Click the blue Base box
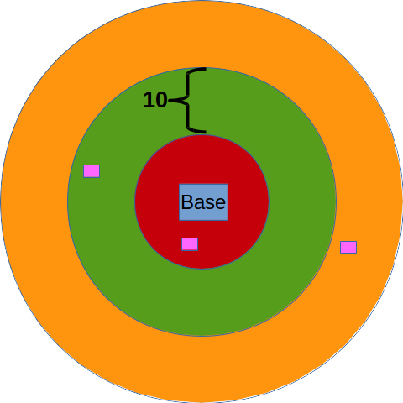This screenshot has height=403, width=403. tap(203, 202)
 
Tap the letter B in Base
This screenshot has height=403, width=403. tap(187, 202)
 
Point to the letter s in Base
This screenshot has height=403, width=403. tap(210, 204)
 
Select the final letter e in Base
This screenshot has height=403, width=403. tap(221, 204)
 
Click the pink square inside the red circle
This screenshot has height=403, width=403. tap(190, 244)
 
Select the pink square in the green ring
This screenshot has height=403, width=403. tap(92, 171)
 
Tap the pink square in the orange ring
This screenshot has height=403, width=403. tap(348, 247)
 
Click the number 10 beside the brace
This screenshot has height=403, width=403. tap(155, 100)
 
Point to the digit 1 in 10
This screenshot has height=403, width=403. tap(148, 100)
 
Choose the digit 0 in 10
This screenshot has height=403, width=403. tap(161, 100)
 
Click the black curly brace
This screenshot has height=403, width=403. tap(187, 100)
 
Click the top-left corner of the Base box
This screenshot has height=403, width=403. tap(180, 184)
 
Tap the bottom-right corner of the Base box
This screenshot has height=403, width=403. tap(228, 220)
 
